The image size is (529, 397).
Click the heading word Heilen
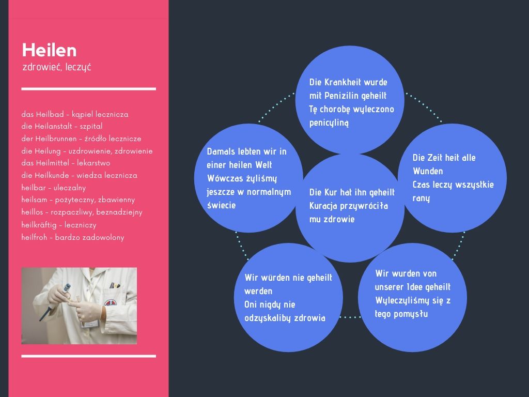click(49, 50)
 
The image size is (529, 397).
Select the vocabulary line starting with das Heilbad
click(74, 114)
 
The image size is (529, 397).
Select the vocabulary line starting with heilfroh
click(72, 237)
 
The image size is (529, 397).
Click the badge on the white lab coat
click(111, 303)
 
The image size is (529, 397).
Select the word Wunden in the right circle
click(428, 171)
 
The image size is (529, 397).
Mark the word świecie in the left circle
click(221, 206)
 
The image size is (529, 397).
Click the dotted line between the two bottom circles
click(350, 317)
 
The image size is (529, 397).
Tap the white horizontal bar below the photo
click(89, 356)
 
